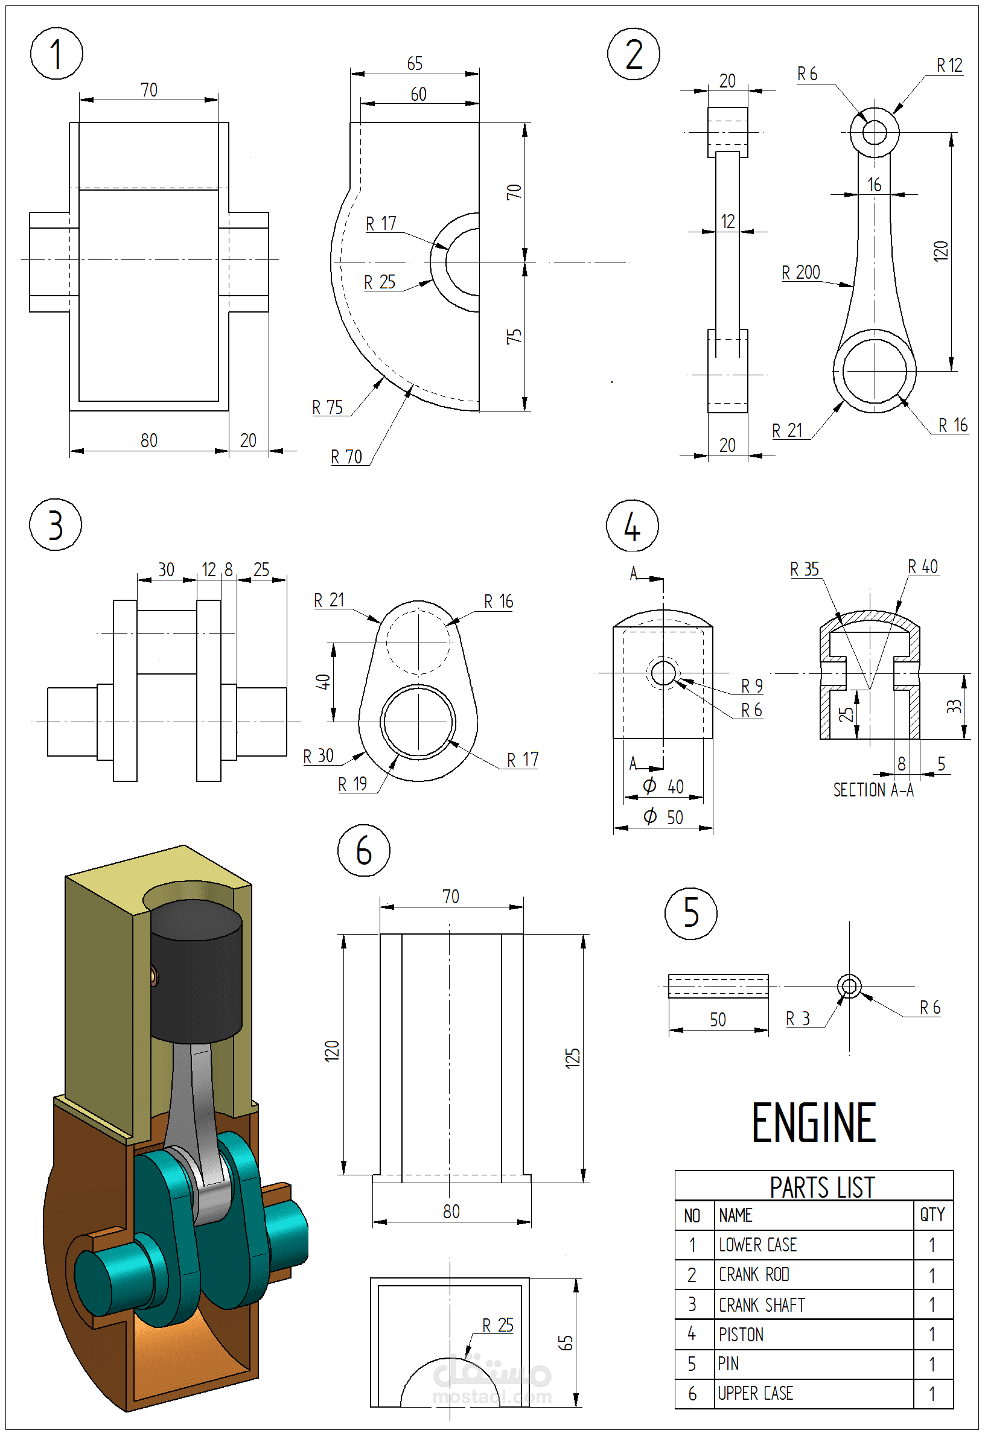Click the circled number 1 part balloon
[56, 54]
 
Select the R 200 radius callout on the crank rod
[800, 273]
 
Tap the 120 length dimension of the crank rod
[940, 251]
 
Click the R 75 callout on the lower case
[328, 407]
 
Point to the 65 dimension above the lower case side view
[415, 63]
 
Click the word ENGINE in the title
[814, 1123]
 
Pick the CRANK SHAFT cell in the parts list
[761, 1305]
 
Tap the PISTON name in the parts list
[741, 1335]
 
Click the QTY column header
[932, 1215]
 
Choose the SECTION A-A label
[873, 790]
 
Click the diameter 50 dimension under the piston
[663, 818]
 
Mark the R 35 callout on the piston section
[804, 569]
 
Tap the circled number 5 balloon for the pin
[691, 914]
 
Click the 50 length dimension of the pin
[718, 1020]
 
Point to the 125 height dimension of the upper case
[573, 1058]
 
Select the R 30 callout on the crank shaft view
[318, 756]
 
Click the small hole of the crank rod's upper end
[875, 132]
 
